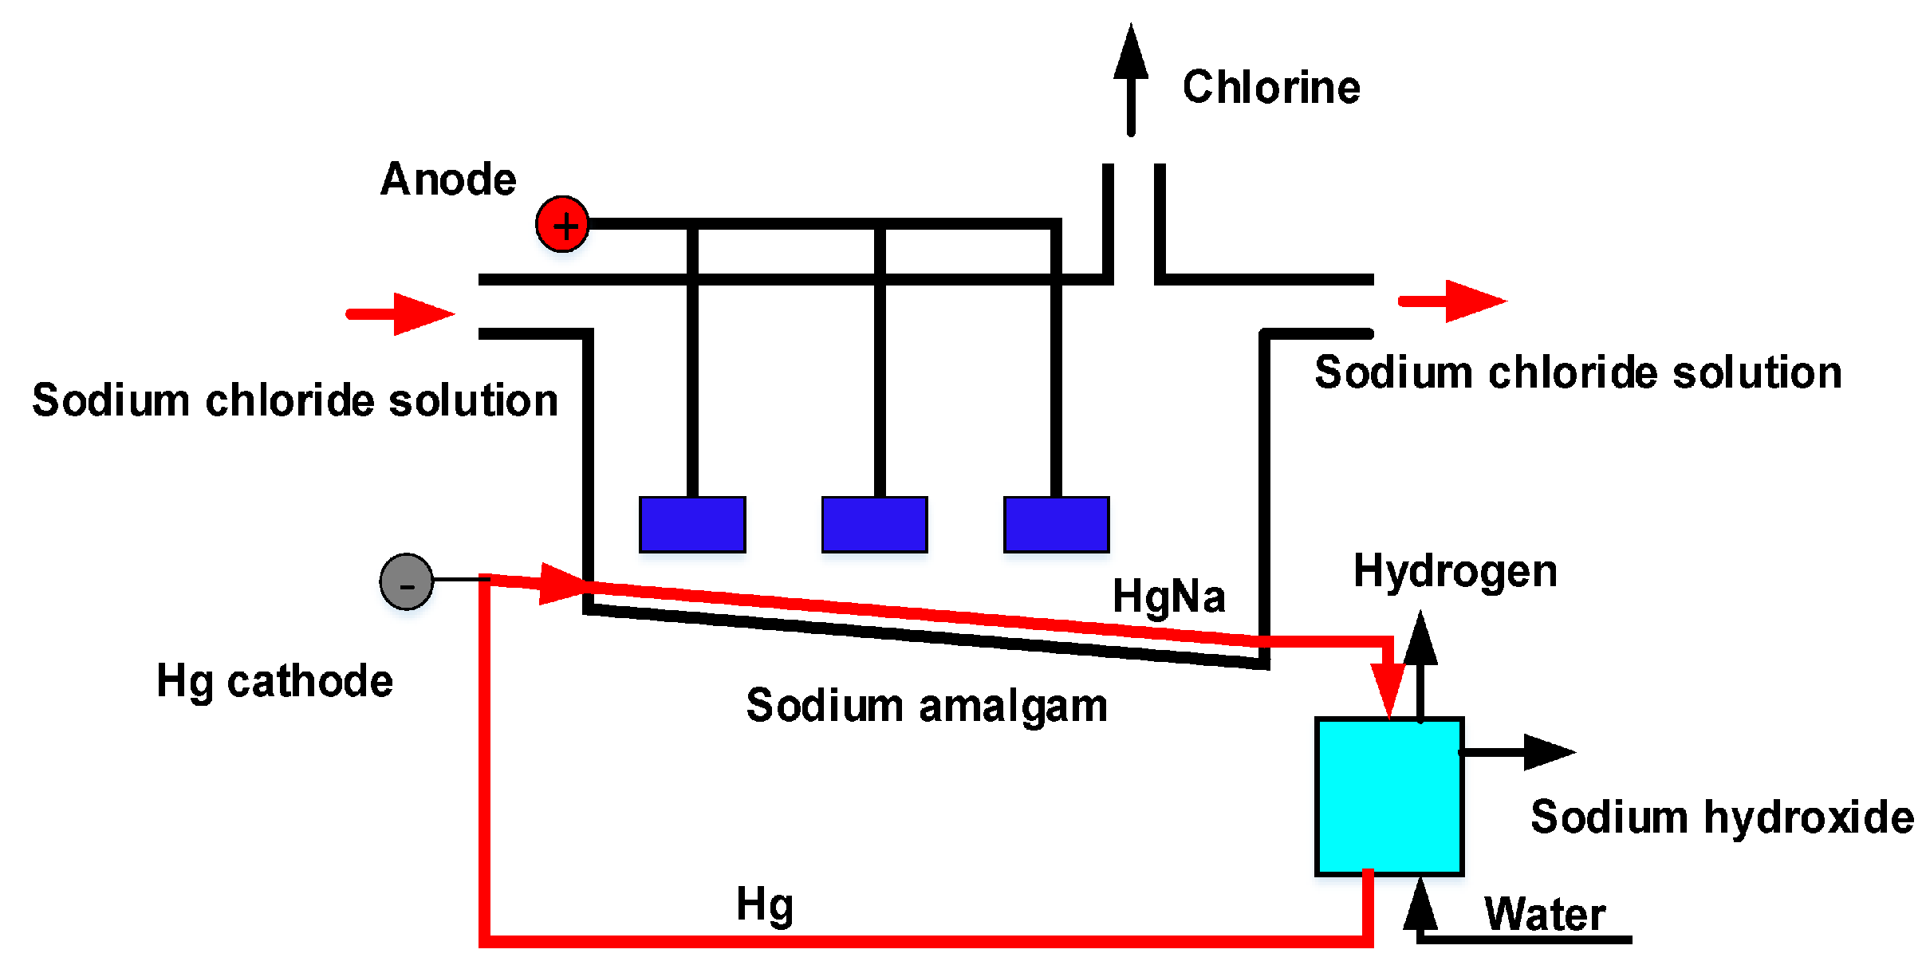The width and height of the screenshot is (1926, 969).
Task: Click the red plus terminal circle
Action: (562, 224)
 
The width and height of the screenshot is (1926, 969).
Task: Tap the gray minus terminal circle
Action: (407, 581)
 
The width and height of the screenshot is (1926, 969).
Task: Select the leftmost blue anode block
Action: (692, 525)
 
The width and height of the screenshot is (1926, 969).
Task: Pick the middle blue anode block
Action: (874, 525)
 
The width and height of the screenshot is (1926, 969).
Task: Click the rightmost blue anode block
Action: (1056, 525)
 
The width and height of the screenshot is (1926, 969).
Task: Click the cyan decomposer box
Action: (1388, 796)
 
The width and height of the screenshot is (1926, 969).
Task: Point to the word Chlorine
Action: (1271, 87)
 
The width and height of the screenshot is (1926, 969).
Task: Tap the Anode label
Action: (448, 179)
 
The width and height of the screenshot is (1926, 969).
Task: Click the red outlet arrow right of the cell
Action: (1453, 301)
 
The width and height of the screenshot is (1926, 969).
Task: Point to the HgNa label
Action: (1168, 597)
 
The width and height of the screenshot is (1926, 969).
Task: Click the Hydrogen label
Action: (1455, 572)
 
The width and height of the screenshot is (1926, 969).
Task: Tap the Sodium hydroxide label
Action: (1722, 817)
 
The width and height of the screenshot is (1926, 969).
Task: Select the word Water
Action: (1544, 914)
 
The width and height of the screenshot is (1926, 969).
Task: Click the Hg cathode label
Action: (274, 681)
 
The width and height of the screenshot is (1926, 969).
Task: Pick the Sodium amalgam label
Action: (927, 706)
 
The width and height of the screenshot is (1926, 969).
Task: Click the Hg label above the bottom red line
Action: (764, 905)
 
